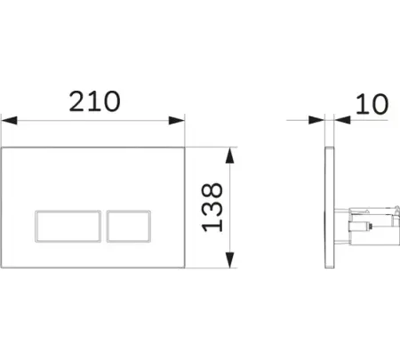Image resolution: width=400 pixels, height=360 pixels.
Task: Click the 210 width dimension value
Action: [x=95, y=101]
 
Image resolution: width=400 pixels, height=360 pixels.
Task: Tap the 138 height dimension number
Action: [x=212, y=207]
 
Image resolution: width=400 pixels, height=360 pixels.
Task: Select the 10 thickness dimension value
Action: [x=372, y=104]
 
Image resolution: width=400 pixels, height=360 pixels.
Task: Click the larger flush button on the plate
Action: [x=68, y=227]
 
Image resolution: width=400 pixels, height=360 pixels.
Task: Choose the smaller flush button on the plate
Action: [x=129, y=227]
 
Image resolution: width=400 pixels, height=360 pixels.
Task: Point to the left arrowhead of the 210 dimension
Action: [x=9, y=121]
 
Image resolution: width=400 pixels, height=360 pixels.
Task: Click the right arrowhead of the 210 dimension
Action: [x=177, y=121]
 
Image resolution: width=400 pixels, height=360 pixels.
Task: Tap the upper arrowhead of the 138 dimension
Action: [x=230, y=156]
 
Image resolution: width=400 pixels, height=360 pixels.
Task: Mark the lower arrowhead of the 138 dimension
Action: [x=230, y=260]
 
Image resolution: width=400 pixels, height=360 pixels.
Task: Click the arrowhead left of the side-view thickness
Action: [x=316, y=120]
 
